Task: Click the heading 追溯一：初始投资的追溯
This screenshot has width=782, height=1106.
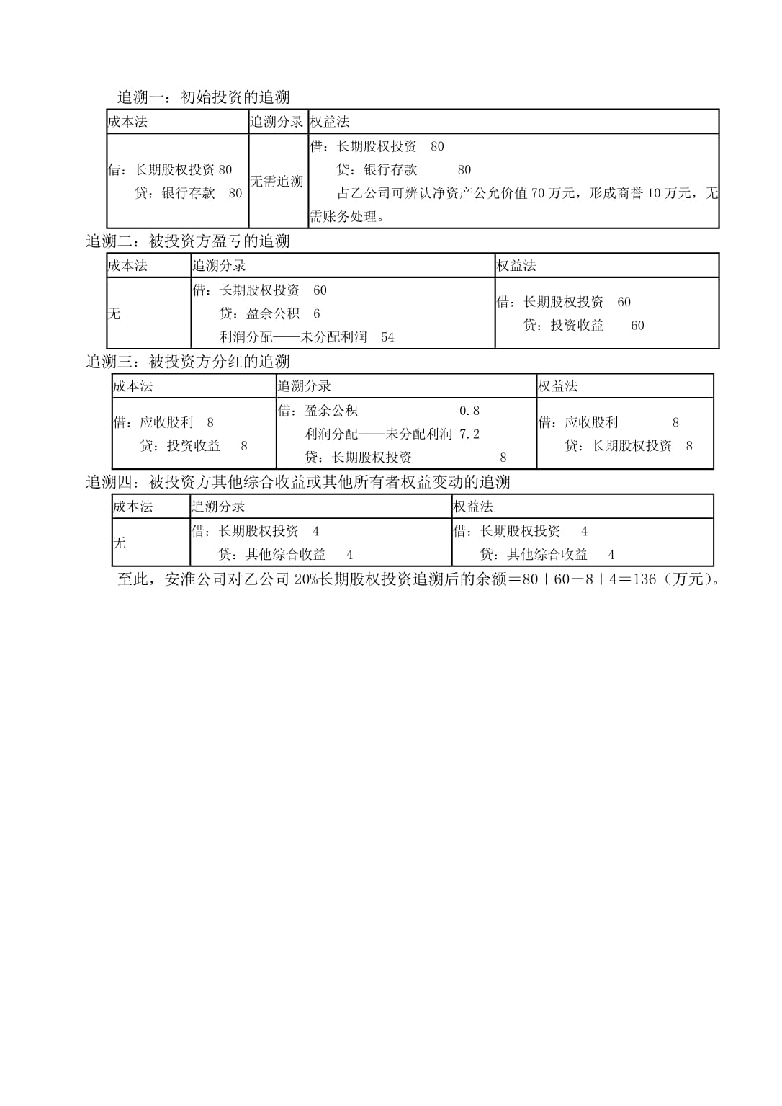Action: (x=203, y=97)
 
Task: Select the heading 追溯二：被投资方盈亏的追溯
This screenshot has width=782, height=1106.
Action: (x=187, y=241)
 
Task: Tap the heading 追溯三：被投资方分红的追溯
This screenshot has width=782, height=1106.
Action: (x=187, y=362)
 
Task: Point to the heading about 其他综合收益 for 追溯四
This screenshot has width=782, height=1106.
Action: (x=298, y=482)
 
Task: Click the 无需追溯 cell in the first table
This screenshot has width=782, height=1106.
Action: (x=277, y=181)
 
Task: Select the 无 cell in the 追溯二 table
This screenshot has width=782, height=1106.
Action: (x=114, y=313)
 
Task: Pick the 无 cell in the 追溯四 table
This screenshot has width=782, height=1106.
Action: (x=120, y=543)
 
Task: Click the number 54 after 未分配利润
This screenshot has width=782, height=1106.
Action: (x=388, y=337)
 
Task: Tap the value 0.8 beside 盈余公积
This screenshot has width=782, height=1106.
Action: (x=469, y=411)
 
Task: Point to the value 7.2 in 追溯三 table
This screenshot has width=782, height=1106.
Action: (x=469, y=434)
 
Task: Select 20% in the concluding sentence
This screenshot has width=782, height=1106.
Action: (x=306, y=579)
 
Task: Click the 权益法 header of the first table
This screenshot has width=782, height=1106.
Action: (x=330, y=122)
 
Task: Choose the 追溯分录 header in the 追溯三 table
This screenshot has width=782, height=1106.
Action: (x=304, y=386)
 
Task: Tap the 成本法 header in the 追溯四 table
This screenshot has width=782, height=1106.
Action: (x=132, y=507)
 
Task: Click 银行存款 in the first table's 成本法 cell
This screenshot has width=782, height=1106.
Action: (x=189, y=193)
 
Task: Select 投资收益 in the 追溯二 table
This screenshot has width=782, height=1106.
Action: (x=577, y=326)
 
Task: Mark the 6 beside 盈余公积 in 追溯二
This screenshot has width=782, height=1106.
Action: (x=317, y=313)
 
